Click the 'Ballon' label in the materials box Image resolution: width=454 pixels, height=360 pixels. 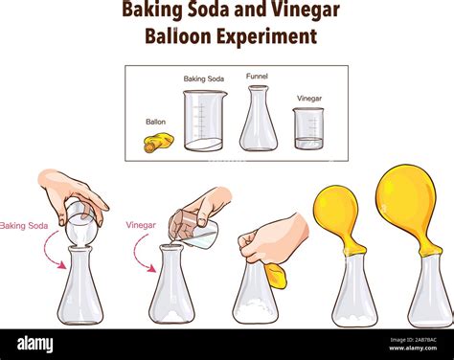click(x=155, y=122)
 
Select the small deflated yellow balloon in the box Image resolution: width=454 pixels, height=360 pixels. click(x=158, y=143)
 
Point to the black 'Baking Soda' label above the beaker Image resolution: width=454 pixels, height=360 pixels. click(x=204, y=79)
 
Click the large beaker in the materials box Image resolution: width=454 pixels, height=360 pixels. click(x=205, y=121)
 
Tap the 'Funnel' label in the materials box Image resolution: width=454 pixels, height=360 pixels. click(x=257, y=77)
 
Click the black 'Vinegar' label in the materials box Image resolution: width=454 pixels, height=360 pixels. click(x=308, y=99)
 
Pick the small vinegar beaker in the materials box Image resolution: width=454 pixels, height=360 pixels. click(x=308, y=128)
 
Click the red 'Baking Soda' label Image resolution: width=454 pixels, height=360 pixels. click(x=25, y=226)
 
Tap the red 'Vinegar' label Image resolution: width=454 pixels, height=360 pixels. click(x=141, y=225)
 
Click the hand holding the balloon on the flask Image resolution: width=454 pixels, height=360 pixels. click(x=273, y=239)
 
